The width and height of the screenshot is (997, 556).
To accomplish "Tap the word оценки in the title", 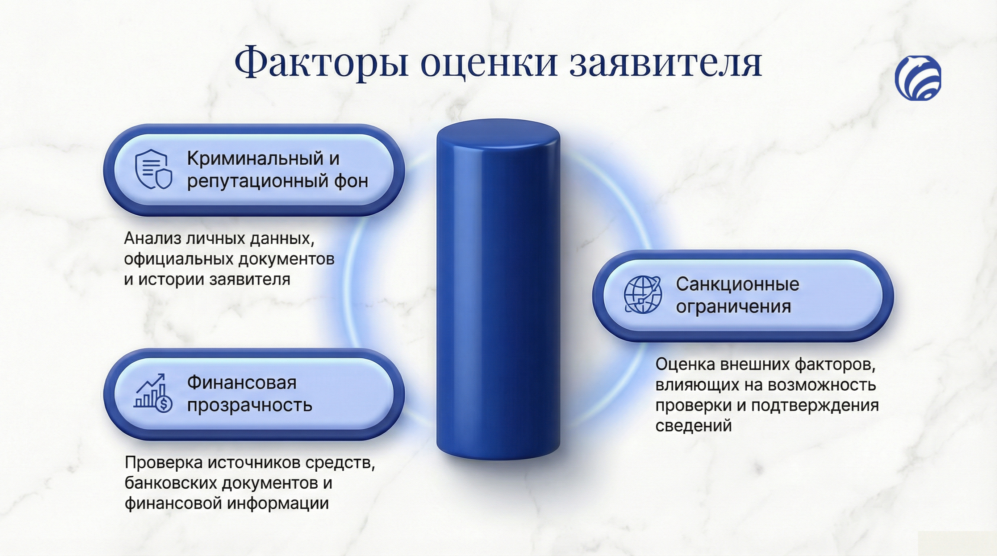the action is pos(489,63).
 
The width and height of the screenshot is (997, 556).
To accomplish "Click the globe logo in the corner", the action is pos(918,77).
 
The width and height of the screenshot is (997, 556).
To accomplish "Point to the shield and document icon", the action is pos(153,169).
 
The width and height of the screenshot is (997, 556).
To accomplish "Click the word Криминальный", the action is pos(255,159).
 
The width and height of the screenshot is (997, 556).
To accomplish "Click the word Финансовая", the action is pos(242,383).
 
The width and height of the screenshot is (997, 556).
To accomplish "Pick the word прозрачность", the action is pos(250,405).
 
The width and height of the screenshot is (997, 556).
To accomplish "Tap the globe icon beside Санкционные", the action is pos(643,294).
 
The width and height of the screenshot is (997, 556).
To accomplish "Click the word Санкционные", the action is pos(737,284).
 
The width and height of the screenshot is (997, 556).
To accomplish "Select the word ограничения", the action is pos(733,306).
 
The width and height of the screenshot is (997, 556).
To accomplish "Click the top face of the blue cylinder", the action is pos(498,134).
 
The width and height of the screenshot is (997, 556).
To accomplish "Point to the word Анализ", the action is pos(153,239).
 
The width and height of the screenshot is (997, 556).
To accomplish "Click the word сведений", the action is pos(693,425).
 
